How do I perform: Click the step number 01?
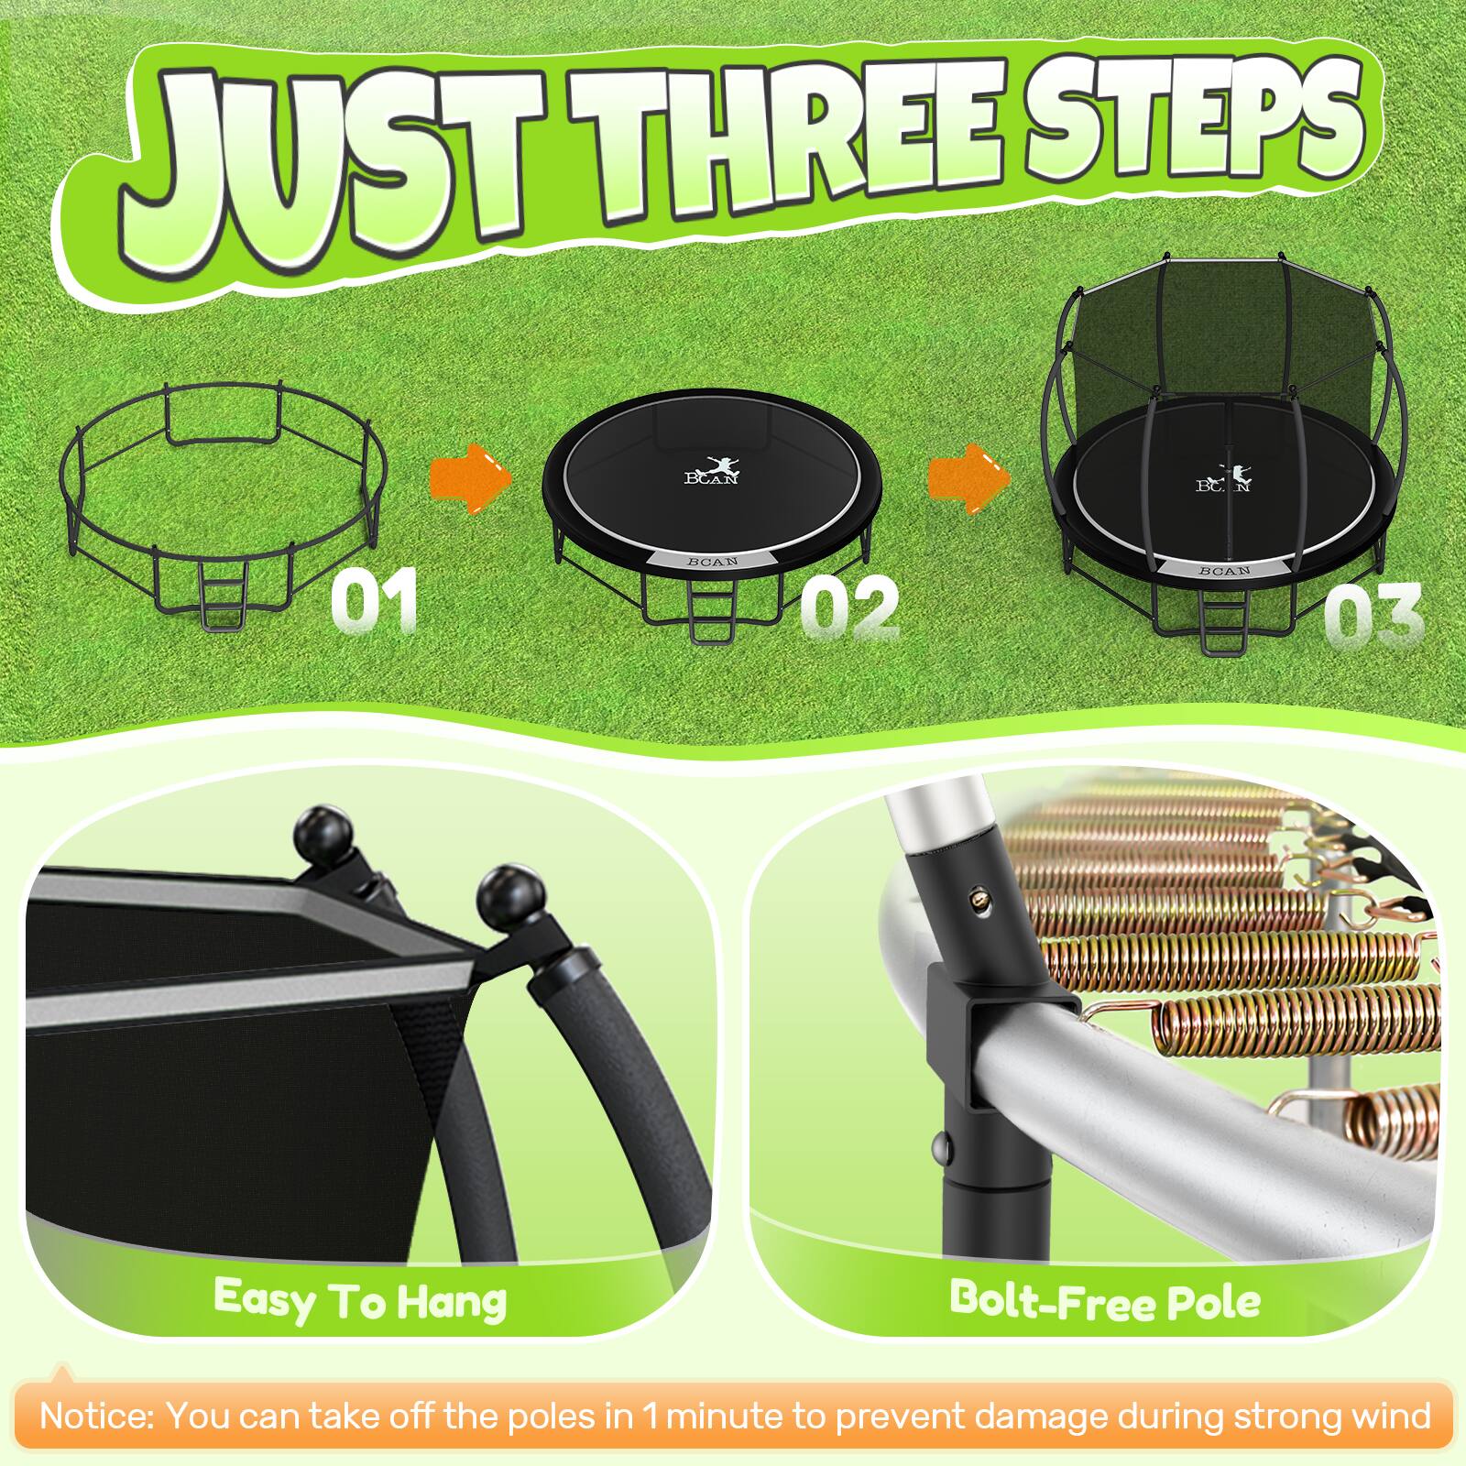coord(374,600)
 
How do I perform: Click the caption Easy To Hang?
coord(360,1298)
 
